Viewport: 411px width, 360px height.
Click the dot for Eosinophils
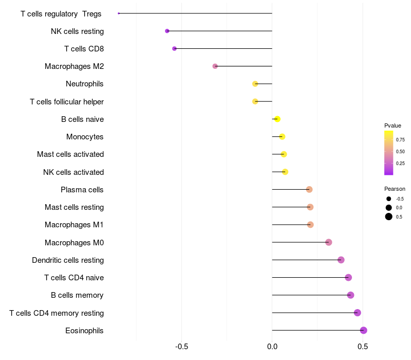click(x=364, y=330)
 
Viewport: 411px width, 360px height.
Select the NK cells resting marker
click(x=167, y=31)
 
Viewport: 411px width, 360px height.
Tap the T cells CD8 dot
click(x=174, y=48)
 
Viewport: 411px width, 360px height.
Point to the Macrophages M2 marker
click(x=215, y=66)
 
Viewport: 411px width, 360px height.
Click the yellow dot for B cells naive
click(x=277, y=119)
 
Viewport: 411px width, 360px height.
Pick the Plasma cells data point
click(x=309, y=189)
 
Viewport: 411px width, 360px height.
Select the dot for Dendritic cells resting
click(x=341, y=260)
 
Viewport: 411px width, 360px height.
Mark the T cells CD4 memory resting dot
click(x=358, y=313)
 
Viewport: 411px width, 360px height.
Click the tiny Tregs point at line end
click(x=119, y=13)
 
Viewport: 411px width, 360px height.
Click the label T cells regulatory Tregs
click(x=61, y=14)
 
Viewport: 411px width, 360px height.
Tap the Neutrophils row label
click(x=85, y=84)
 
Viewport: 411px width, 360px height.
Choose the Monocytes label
click(x=85, y=137)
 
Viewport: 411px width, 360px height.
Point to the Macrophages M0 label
click(x=74, y=242)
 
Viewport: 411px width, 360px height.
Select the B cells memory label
click(x=77, y=295)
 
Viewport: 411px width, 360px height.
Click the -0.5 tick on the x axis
click(x=181, y=347)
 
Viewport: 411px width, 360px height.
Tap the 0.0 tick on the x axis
click(x=272, y=347)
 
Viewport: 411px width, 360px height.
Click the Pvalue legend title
click(x=393, y=125)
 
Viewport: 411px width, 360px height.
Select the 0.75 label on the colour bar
click(x=400, y=139)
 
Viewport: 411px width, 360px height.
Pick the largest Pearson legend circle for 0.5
click(x=389, y=217)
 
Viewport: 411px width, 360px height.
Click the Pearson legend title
click(x=395, y=189)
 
